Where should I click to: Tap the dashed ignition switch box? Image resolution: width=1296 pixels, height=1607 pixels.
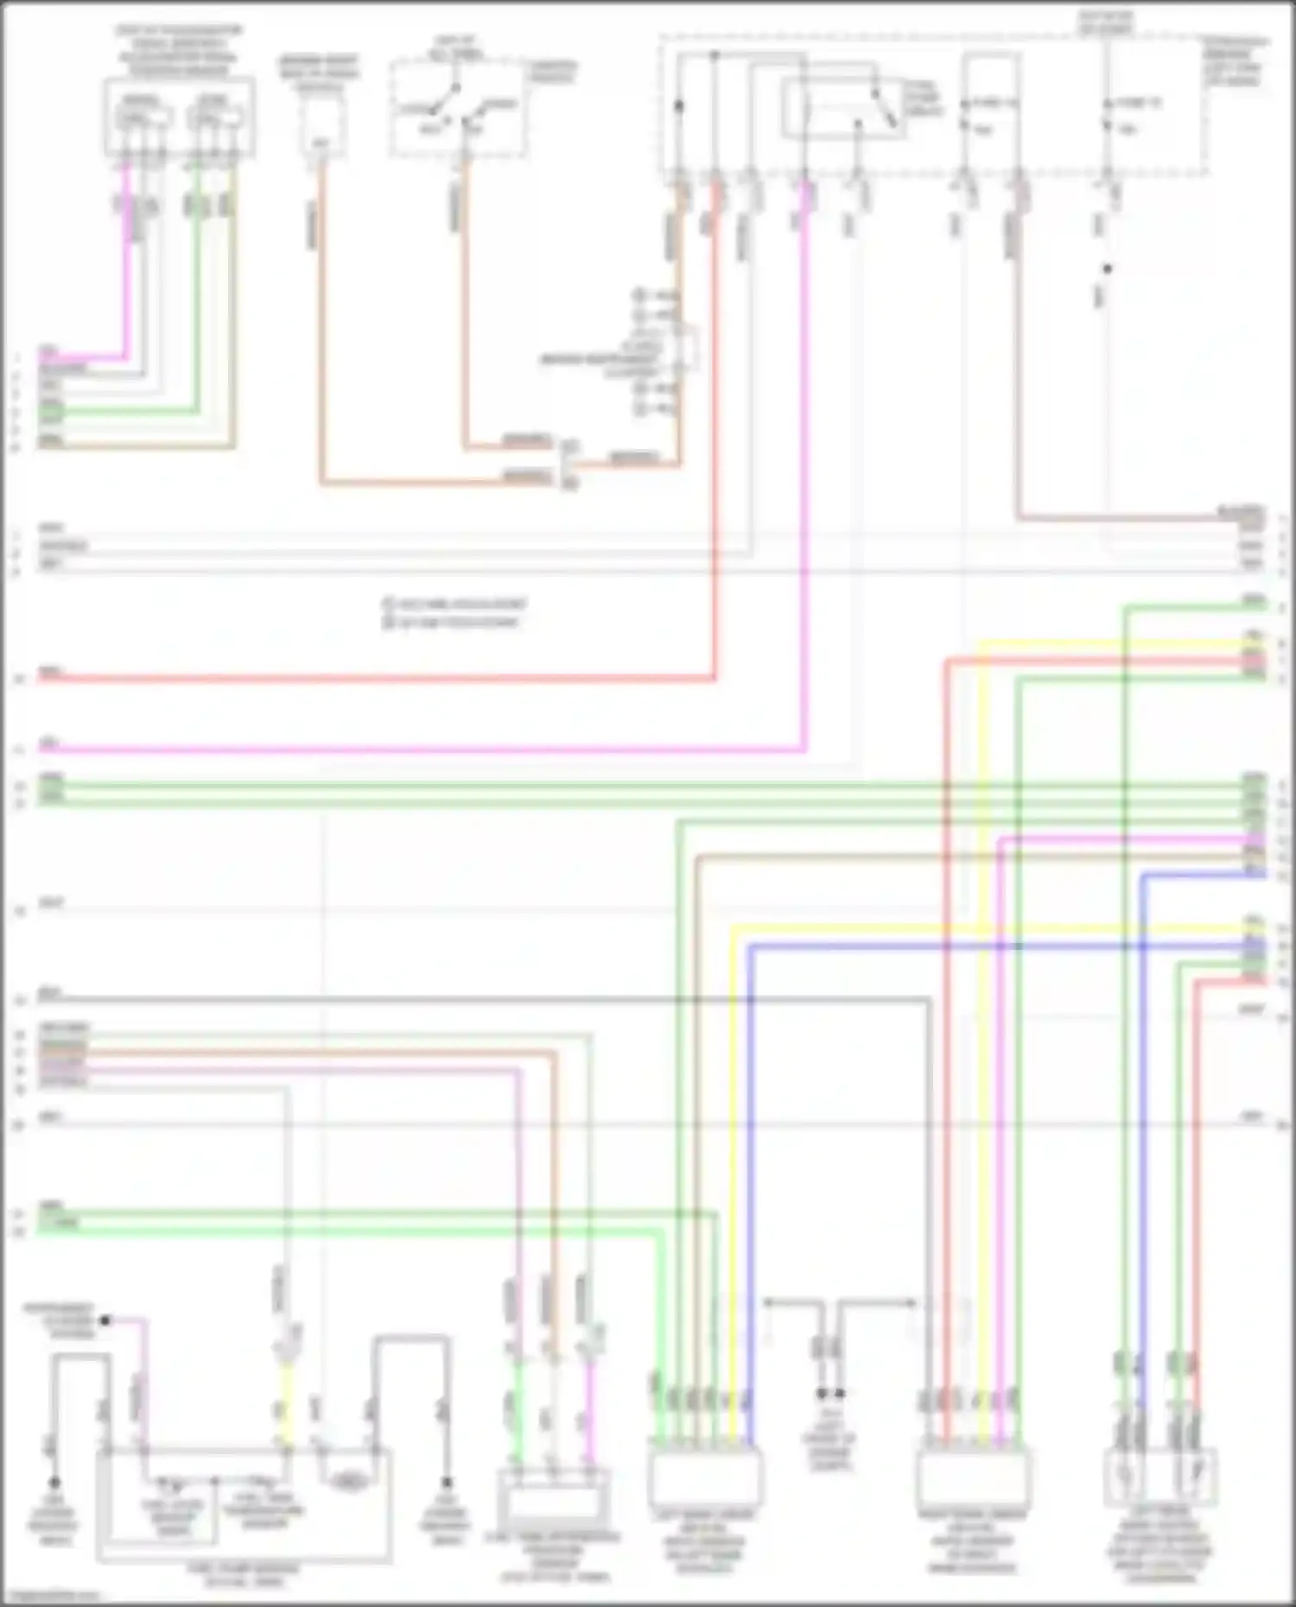(457, 108)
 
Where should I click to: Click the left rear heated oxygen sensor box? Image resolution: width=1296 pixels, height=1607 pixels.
(1160, 1477)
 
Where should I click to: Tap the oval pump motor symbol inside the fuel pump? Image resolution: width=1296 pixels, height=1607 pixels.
(349, 1482)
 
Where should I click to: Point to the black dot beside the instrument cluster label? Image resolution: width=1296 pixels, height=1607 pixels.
(105, 1320)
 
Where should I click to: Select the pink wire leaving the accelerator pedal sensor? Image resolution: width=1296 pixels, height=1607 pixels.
(126, 259)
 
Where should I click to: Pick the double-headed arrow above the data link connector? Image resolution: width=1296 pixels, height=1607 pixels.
(840, 1302)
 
